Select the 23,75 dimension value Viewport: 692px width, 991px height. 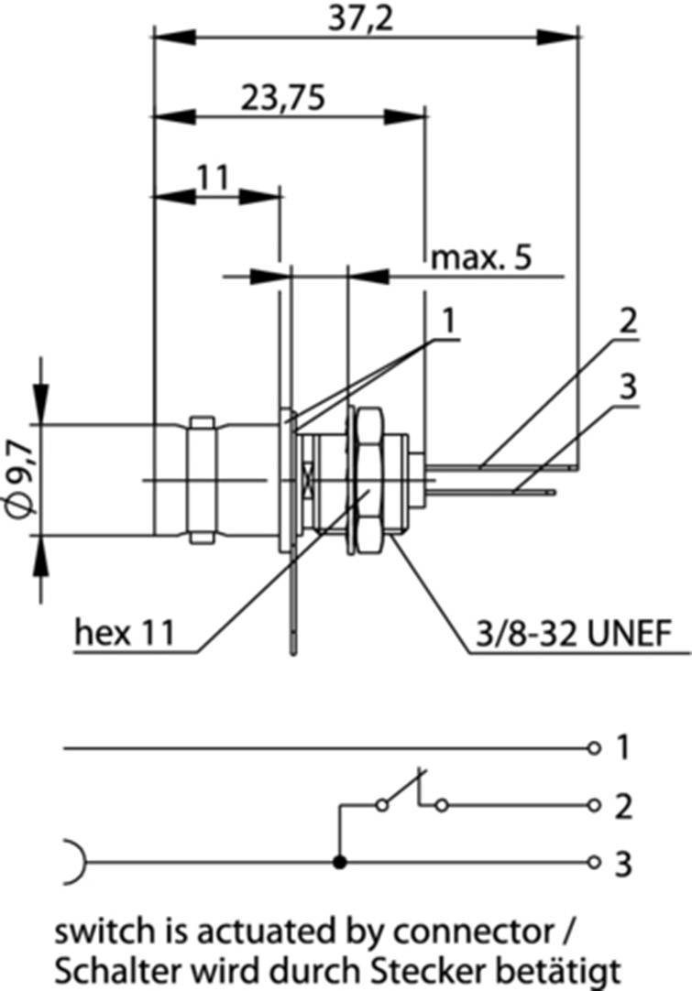pyautogui.click(x=285, y=96)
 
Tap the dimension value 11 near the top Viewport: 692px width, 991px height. pyautogui.click(x=213, y=177)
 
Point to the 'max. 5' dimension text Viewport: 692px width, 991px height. pyautogui.click(x=481, y=258)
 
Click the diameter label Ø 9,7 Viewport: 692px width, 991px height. pyautogui.click(x=21, y=477)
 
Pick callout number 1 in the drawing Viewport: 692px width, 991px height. pyautogui.click(x=448, y=321)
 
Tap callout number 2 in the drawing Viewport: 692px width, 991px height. pyautogui.click(x=627, y=321)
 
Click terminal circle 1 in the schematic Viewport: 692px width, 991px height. pyautogui.click(x=594, y=748)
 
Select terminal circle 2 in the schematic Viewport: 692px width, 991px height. pyautogui.click(x=594, y=806)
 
